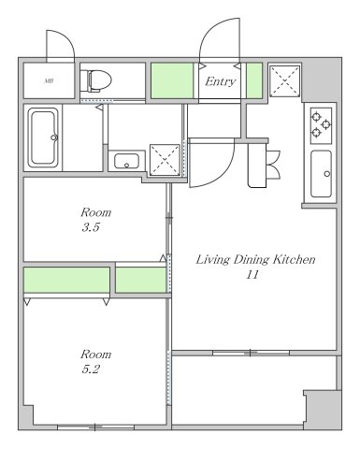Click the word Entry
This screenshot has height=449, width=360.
tap(220, 81)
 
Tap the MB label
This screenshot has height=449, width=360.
tap(49, 81)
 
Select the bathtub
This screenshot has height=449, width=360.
tap(43, 138)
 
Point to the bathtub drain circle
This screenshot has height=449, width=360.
tap(54, 138)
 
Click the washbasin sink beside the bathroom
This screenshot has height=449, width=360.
tap(126, 161)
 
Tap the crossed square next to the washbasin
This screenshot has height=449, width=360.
tap(165, 160)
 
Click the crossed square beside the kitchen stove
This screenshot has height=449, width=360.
tap(285, 81)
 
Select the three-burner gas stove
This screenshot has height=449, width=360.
tap(321, 125)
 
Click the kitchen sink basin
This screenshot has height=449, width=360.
tap(321, 174)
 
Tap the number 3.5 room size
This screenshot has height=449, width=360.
tap(91, 227)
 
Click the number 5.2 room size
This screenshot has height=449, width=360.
tap(91, 369)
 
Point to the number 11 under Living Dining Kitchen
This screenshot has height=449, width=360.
tap(252, 275)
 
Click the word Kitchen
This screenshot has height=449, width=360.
tap(295, 259)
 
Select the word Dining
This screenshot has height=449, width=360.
tap(252, 260)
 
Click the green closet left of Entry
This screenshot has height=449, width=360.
tap(172, 80)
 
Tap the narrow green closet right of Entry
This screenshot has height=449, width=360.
tap(254, 80)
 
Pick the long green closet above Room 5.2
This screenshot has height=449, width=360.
tap(66, 280)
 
